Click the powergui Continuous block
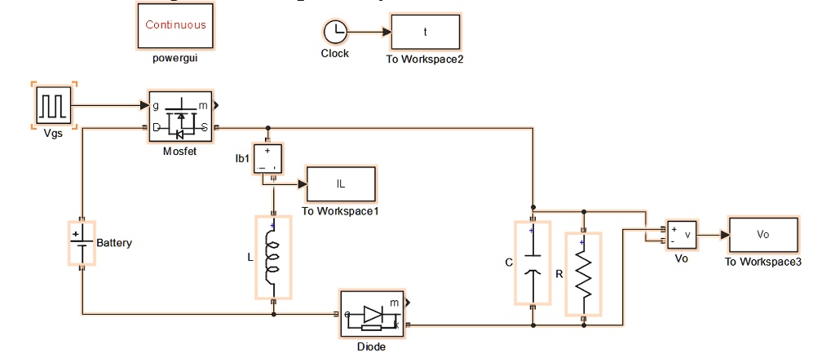point(175,25)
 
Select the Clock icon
point(335,33)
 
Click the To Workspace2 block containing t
point(425,33)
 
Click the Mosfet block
point(179,116)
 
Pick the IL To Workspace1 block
point(341,184)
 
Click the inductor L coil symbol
point(273,258)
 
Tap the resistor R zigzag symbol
point(583,273)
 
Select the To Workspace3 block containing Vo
point(763,235)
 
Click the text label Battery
point(114,243)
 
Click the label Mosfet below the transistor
point(179,151)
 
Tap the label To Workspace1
point(340,211)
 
